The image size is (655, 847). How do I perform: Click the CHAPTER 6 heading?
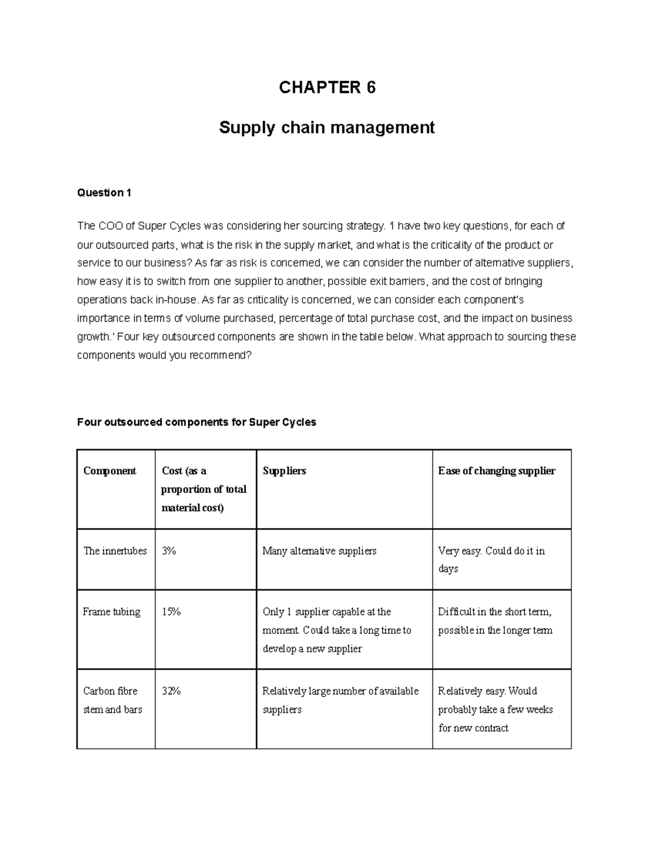click(327, 87)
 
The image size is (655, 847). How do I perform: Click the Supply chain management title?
click(326, 128)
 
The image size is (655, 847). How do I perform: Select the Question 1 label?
click(104, 193)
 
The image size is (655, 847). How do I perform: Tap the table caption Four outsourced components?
click(196, 422)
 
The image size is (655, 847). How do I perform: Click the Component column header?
click(109, 471)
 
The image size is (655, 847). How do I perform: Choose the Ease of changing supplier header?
click(496, 471)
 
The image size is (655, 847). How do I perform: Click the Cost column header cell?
click(204, 489)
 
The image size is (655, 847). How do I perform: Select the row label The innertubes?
click(115, 551)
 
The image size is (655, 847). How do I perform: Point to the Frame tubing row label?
click(111, 612)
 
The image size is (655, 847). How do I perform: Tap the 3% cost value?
click(169, 551)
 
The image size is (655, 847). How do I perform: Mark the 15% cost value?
click(171, 612)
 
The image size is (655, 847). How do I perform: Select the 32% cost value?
click(171, 691)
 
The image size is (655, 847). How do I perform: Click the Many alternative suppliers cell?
click(319, 551)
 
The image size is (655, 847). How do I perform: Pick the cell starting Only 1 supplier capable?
click(336, 630)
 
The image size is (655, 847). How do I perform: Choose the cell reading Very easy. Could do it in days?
click(491, 560)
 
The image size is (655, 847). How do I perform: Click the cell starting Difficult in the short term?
click(495, 621)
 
